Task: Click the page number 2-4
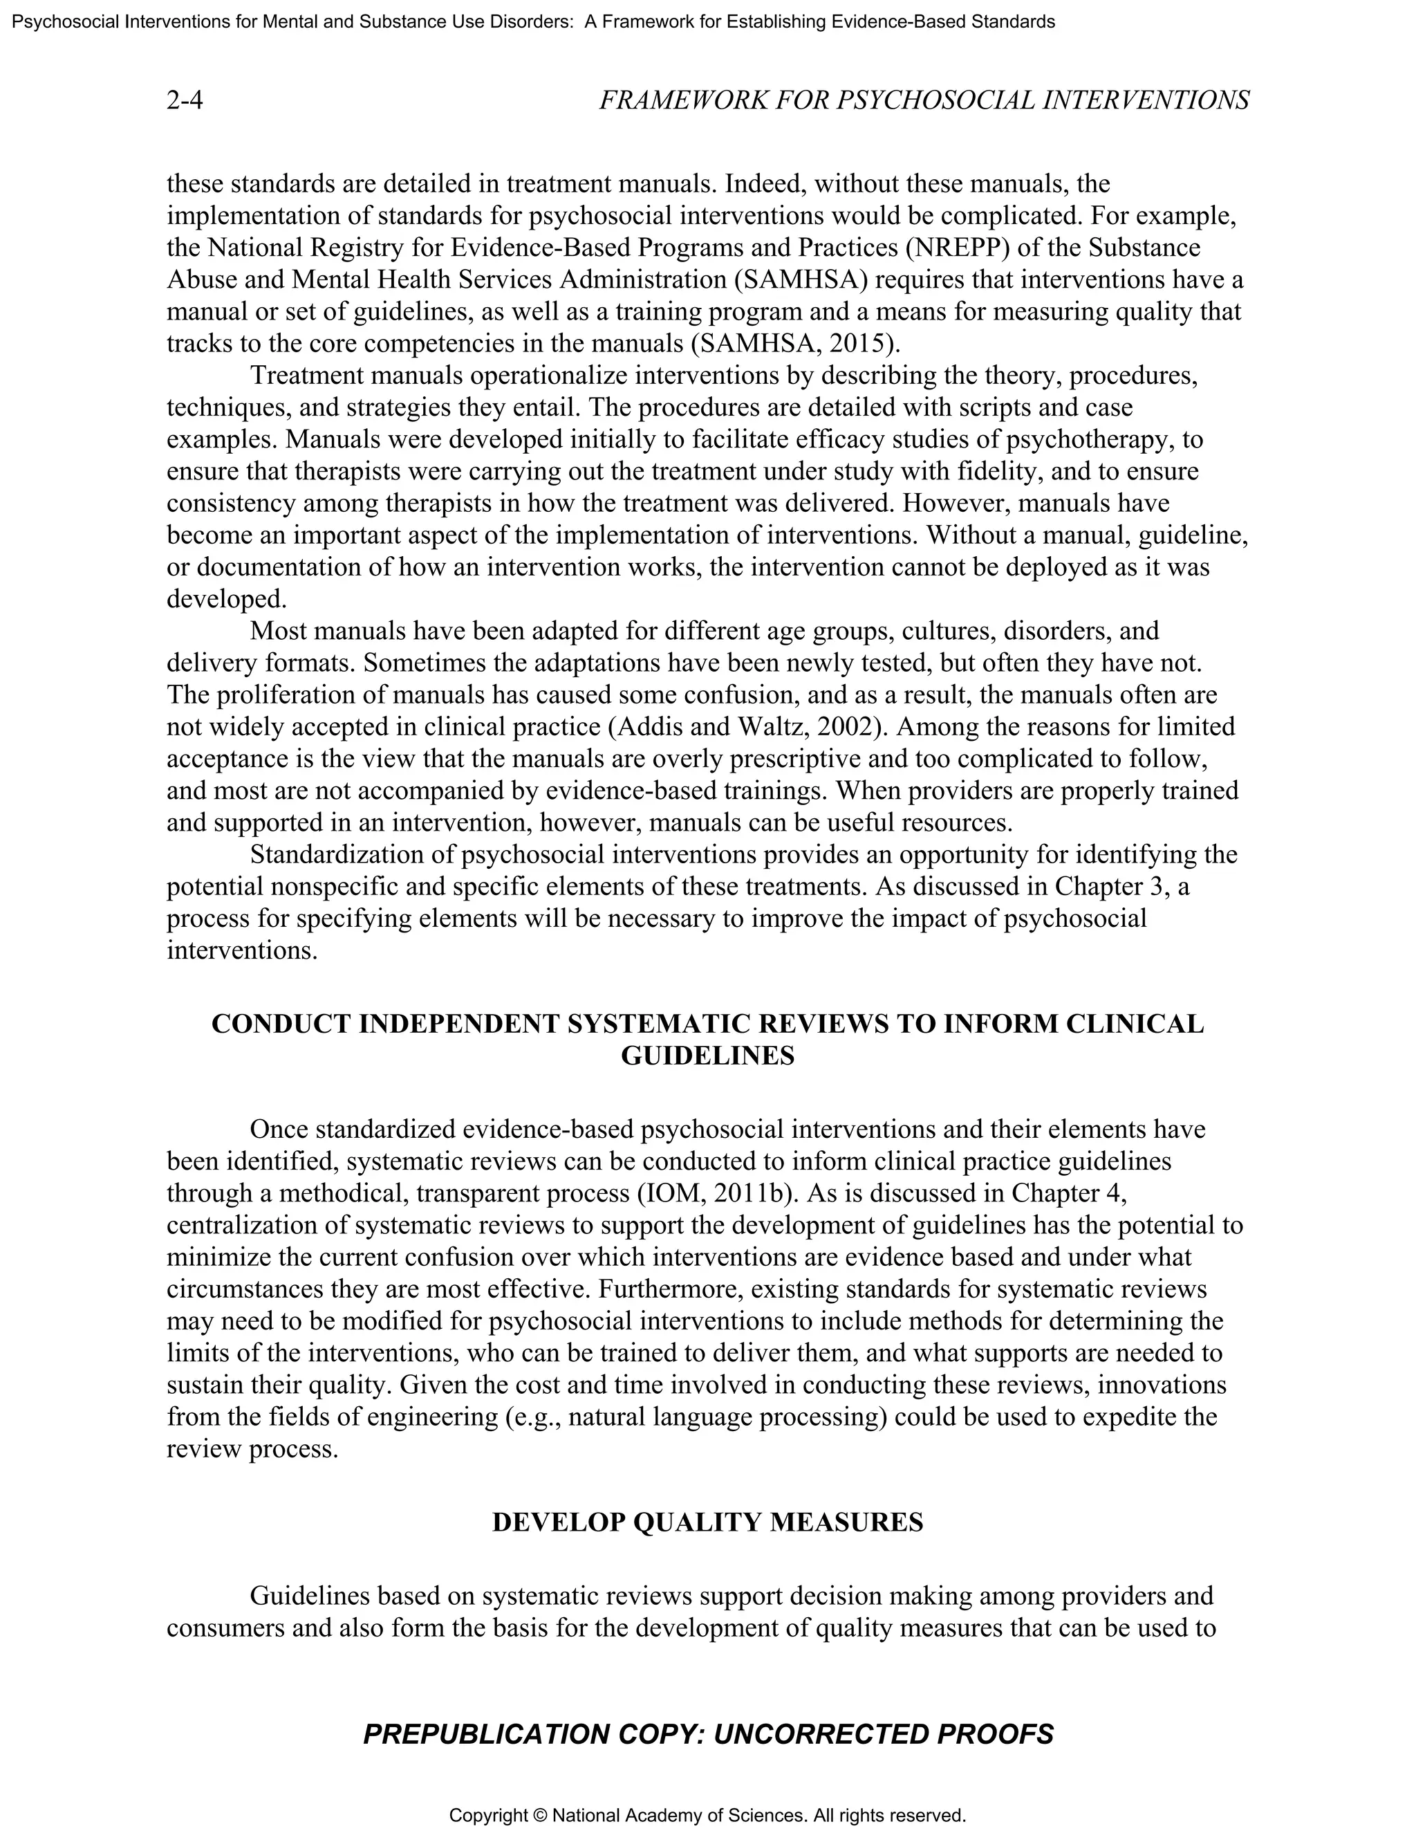pos(185,101)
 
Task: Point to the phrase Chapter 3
pos(1114,886)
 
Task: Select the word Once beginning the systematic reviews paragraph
pos(279,1129)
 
